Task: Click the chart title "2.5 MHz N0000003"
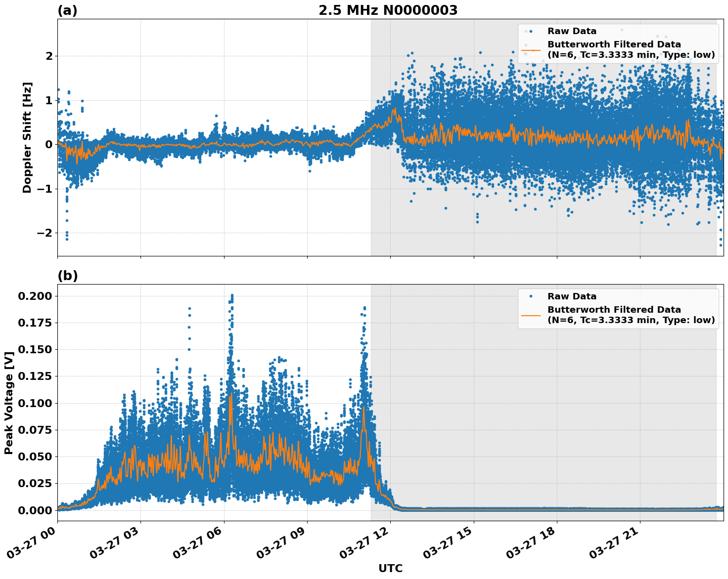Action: [388, 10]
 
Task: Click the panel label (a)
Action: [67, 10]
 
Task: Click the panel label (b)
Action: [67, 276]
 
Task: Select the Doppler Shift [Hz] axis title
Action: [27, 137]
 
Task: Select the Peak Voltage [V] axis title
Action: [8, 403]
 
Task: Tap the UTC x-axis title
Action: [390, 568]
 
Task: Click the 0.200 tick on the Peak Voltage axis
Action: [35, 296]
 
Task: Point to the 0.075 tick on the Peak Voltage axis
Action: [35, 430]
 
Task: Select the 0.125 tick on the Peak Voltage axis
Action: [35, 376]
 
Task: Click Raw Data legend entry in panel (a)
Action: [572, 31]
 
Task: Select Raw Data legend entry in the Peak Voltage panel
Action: [572, 296]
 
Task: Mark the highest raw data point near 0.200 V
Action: [232, 295]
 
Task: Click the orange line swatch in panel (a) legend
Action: [531, 49]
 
